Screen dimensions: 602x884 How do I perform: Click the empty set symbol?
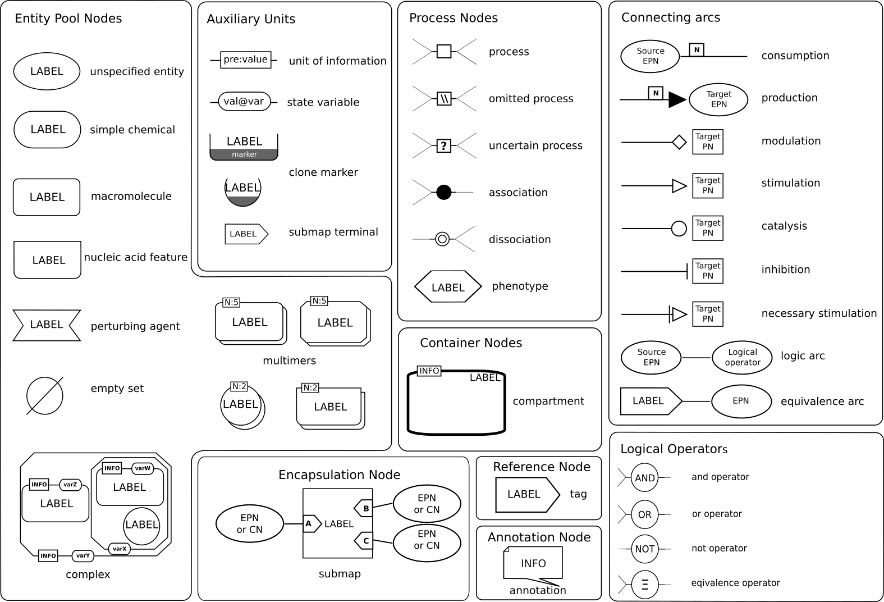coord(45,396)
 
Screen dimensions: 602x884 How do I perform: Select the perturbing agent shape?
coord(47,325)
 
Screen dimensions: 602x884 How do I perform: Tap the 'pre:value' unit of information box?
coord(246,60)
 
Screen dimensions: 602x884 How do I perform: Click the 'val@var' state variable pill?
coord(244,102)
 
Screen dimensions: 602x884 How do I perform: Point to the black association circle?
coord(444,193)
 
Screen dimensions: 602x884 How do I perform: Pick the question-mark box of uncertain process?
coord(444,146)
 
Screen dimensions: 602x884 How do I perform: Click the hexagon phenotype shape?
coord(448,287)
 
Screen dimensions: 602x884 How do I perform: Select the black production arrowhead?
coord(677,100)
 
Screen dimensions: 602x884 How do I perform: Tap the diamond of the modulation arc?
coord(679,142)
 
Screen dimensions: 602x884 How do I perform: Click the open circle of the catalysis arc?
coord(679,229)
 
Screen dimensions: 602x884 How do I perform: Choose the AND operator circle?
coord(645,478)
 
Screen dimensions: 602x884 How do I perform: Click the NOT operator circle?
coord(645,549)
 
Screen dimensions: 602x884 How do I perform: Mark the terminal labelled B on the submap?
coord(364,509)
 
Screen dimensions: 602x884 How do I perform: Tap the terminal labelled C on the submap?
coord(364,541)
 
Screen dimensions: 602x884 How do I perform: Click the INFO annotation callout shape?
coord(533,563)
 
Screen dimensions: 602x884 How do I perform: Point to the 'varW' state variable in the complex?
coord(143,468)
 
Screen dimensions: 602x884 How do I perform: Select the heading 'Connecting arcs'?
coord(670,18)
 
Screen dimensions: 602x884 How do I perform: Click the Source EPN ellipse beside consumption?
coord(651,56)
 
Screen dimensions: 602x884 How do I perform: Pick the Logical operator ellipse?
coord(743,358)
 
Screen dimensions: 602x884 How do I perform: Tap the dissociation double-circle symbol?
coord(442,240)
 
